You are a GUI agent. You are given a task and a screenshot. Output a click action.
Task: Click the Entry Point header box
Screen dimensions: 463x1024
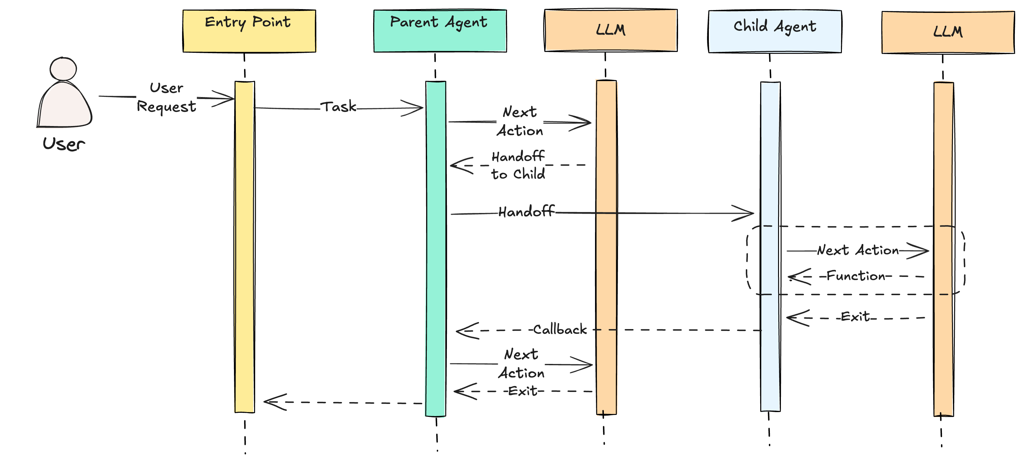(x=249, y=31)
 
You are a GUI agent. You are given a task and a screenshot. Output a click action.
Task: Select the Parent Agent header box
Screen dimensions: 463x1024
(x=440, y=31)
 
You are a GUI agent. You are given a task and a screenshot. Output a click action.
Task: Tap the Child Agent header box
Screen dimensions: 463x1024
(x=774, y=31)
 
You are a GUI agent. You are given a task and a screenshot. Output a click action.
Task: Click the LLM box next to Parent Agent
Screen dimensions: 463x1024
(x=610, y=30)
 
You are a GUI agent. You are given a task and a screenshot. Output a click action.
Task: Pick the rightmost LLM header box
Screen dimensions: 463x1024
(x=948, y=32)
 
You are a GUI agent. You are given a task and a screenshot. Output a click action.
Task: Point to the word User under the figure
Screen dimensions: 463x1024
(x=64, y=144)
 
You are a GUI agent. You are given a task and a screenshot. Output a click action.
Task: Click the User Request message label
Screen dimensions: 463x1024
(x=166, y=97)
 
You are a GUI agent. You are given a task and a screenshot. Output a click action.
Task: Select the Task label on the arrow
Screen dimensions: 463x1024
(x=338, y=107)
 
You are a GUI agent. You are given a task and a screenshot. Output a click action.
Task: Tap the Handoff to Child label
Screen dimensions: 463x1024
(x=518, y=165)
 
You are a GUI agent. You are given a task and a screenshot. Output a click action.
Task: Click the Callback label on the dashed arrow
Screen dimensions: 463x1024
(x=560, y=329)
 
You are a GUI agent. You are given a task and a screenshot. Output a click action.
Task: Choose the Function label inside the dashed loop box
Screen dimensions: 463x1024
(x=855, y=276)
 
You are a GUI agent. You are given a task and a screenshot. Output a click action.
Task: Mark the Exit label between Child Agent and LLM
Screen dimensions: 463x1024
(x=855, y=317)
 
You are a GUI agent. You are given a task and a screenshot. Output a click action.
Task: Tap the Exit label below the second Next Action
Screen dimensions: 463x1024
(x=523, y=391)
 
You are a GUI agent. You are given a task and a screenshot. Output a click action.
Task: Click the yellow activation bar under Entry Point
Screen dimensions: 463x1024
(x=244, y=246)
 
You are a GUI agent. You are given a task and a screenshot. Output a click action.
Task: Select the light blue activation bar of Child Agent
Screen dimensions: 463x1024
(x=770, y=246)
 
